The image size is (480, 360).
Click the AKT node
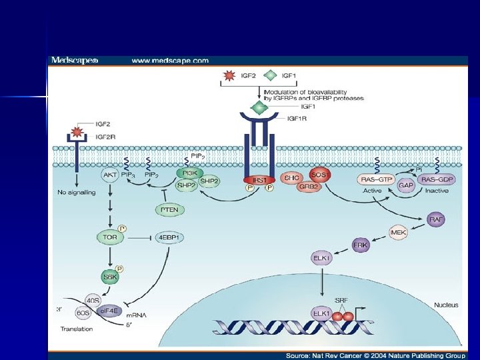pyautogui.click(x=110, y=175)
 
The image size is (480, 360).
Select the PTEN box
pyautogui.click(x=169, y=210)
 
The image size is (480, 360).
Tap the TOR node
pyautogui.click(x=110, y=237)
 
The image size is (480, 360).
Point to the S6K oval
pyautogui.click(x=109, y=275)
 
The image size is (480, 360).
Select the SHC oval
pyautogui.click(x=291, y=178)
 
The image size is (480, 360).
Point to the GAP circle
pyautogui.click(x=406, y=186)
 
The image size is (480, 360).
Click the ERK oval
pyautogui.click(x=361, y=245)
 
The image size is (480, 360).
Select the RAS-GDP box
pyautogui.click(x=438, y=179)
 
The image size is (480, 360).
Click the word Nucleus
pyautogui.click(x=446, y=305)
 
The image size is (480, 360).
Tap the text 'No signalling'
pyautogui.click(x=76, y=193)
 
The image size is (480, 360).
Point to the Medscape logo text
pyautogui.click(x=75, y=61)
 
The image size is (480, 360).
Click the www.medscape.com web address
pyautogui.click(x=170, y=61)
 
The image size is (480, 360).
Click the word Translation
pyautogui.click(x=77, y=329)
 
